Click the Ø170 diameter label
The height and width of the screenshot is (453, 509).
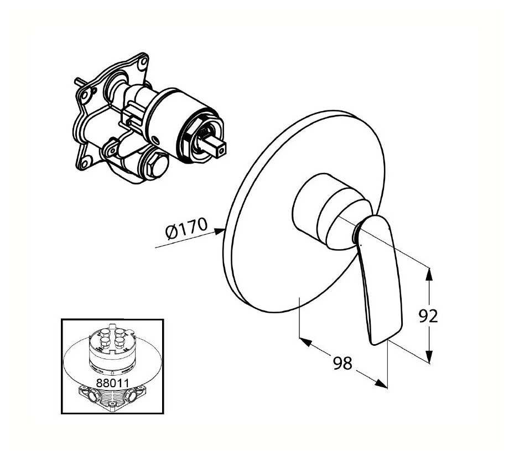click(x=187, y=228)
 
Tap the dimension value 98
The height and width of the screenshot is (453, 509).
click(x=342, y=363)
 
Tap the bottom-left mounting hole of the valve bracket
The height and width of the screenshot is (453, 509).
click(x=86, y=161)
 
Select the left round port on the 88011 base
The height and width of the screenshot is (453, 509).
click(x=94, y=396)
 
